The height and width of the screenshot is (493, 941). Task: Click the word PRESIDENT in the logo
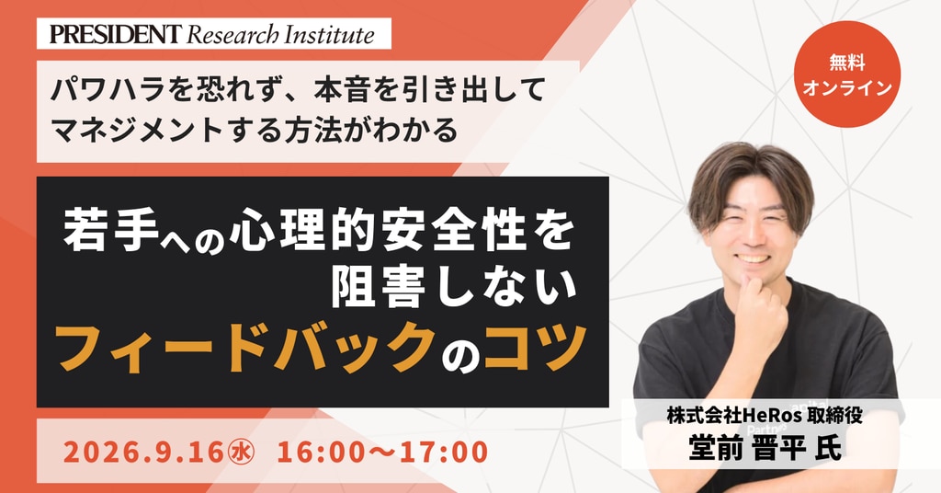click(115, 34)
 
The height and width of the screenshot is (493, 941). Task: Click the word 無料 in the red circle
click(846, 62)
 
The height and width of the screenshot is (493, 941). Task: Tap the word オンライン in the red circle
click(846, 87)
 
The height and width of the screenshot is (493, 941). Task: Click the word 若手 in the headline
click(111, 231)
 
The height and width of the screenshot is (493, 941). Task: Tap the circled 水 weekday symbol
click(242, 453)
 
